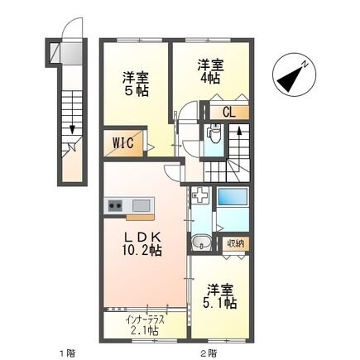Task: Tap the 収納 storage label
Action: tap(236, 243)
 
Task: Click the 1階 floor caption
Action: tap(67, 352)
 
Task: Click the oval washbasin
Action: tap(200, 243)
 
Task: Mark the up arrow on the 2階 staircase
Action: tap(238, 130)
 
